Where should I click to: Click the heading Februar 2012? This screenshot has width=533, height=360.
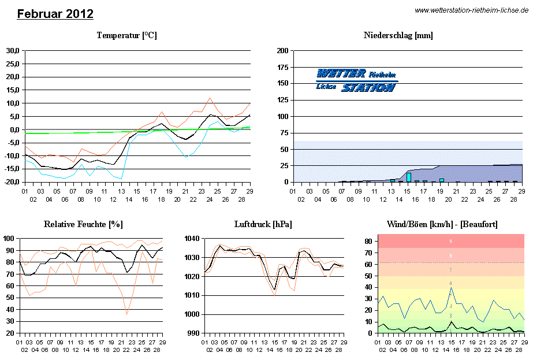pyautogui.click(x=55, y=14)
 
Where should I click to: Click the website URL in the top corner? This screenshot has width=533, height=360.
pyautogui.click(x=472, y=10)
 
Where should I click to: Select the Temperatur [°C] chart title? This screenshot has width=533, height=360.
pyautogui.click(x=127, y=36)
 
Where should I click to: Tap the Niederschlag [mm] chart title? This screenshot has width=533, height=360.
pyautogui.click(x=398, y=36)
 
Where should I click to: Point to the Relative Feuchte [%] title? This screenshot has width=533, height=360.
pyautogui.click(x=84, y=224)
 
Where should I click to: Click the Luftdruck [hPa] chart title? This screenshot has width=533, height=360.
pyautogui.click(x=263, y=224)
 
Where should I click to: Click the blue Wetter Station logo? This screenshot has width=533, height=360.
pyautogui.click(x=356, y=80)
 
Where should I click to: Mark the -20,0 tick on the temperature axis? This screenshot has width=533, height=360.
pyautogui.click(x=12, y=182)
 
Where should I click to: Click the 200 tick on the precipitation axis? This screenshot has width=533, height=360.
pyautogui.click(x=282, y=51)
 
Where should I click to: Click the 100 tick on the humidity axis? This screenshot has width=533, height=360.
pyautogui.click(x=9, y=238)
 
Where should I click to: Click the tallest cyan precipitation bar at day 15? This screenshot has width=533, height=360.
pyautogui.click(x=409, y=177)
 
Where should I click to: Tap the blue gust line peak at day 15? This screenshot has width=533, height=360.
pyautogui.click(x=451, y=288)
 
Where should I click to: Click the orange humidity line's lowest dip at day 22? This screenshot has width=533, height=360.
pyautogui.click(x=126, y=314)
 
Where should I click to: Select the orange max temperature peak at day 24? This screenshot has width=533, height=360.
pyautogui.click(x=210, y=98)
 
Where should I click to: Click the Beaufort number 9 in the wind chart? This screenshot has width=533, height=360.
pyautogui.click(x=451, y=240)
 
